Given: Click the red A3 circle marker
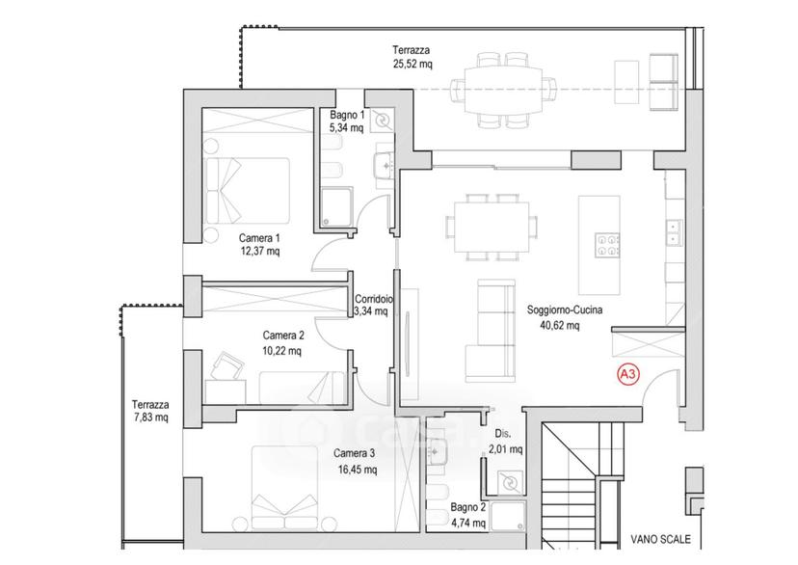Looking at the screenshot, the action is tap(628, 375).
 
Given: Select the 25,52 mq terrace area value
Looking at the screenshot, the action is tap(412, 64).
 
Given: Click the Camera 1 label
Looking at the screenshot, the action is tap(259, 238).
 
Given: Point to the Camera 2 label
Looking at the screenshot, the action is tap(283, 336).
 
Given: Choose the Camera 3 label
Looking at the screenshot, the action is tap(355, 453).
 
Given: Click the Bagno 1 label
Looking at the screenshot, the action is tap(347, 115).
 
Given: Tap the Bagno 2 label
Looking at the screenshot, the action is tap(467, 507).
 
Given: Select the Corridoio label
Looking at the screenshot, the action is tap(373, 299).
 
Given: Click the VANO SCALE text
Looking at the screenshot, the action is tap(660, 539).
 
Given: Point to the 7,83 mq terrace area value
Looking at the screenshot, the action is tap(150, 417).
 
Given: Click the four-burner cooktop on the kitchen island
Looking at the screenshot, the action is tap(607, 245).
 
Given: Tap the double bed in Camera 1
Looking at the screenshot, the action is tap(247, 190).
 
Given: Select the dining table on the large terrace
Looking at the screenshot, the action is tap(503, 90).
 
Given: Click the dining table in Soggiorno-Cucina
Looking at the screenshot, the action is tap(492, 227).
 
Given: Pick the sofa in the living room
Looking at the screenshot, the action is tap(490, 331).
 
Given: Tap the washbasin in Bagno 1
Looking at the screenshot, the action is tap(384, 165).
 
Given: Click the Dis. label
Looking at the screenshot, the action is tap(503, 434).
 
